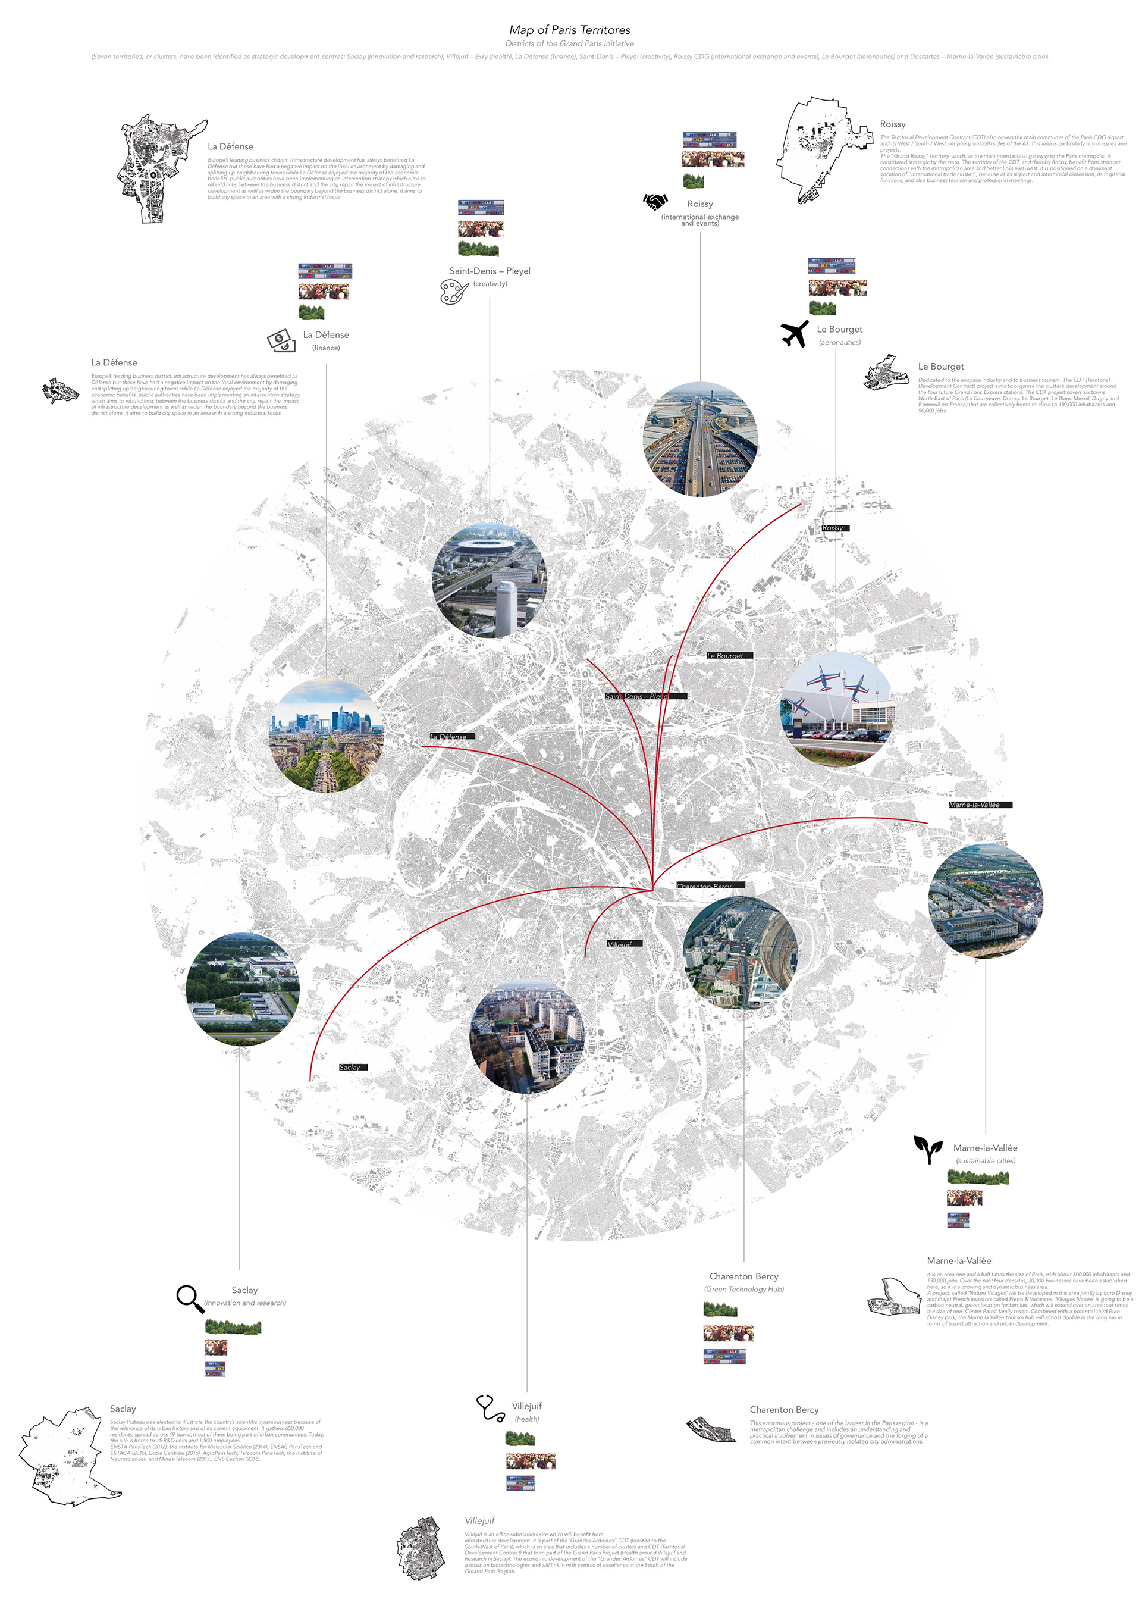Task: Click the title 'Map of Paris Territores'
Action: coord(569,30)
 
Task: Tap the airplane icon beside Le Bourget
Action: coord(794,333)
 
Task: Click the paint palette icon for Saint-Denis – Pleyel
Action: coord(454,291)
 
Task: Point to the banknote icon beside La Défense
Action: coord(281,341)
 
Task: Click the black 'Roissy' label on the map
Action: coord(835,528)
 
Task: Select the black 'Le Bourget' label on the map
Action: coord(729,655)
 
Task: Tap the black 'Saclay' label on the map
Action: coord(352,1067)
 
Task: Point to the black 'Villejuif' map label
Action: coord(623,943)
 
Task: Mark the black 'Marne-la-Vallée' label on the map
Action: coord(979,804)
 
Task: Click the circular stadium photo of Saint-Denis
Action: coord(489,581)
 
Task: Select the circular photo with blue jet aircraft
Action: coord(836,709)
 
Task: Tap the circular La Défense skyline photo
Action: coord(326,736)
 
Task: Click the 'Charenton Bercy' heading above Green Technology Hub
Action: coord(743,1276)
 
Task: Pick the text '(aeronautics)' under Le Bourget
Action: coord(839,343)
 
